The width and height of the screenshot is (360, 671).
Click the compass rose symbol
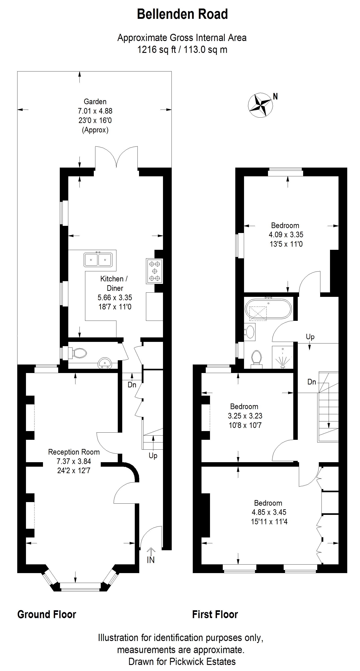point(260,105)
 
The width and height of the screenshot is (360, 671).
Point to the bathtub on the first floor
point(268,309)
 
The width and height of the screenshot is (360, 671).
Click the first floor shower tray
point(283,357)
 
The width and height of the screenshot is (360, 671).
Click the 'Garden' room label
point(95,101)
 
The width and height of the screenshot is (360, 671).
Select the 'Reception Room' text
point(74,452)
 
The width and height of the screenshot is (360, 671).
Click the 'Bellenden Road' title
point(182,14)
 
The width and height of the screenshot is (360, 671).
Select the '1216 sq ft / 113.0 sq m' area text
point(182,50)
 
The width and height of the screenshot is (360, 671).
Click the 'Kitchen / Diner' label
point(114,283)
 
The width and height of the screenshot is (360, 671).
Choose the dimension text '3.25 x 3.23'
point(245,416)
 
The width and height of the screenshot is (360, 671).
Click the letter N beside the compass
point(275,96)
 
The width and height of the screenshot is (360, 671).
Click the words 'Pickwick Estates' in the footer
point(203,661)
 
